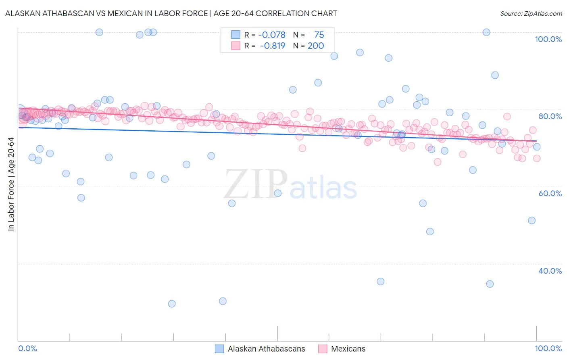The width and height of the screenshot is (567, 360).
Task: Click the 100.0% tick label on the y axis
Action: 548,39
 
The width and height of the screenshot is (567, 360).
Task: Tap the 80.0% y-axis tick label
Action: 550,116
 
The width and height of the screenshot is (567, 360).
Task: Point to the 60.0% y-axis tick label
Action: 550,193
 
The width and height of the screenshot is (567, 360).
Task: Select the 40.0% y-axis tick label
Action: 550,271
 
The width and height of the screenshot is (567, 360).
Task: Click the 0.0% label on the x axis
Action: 27,348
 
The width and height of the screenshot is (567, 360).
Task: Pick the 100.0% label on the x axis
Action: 548,348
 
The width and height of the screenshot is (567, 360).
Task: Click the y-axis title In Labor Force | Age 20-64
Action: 11,184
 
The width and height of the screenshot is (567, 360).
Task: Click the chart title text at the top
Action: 171,13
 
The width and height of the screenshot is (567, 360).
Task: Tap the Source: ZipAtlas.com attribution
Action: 531,13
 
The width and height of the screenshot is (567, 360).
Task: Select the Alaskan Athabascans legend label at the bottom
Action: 266,349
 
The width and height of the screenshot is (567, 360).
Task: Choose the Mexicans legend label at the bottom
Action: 348,349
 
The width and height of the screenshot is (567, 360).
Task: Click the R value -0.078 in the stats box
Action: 272,35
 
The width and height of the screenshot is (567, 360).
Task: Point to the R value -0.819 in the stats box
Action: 273,46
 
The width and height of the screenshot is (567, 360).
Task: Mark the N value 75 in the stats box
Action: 319,35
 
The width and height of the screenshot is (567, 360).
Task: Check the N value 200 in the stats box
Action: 316,46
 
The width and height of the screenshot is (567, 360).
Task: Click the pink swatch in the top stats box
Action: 236,46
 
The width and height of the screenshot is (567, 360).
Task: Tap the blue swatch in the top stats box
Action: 236,35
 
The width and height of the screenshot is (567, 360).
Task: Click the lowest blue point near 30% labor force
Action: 172,303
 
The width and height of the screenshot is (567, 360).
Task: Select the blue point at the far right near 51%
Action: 532,220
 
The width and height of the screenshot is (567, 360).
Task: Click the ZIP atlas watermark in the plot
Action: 290,185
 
